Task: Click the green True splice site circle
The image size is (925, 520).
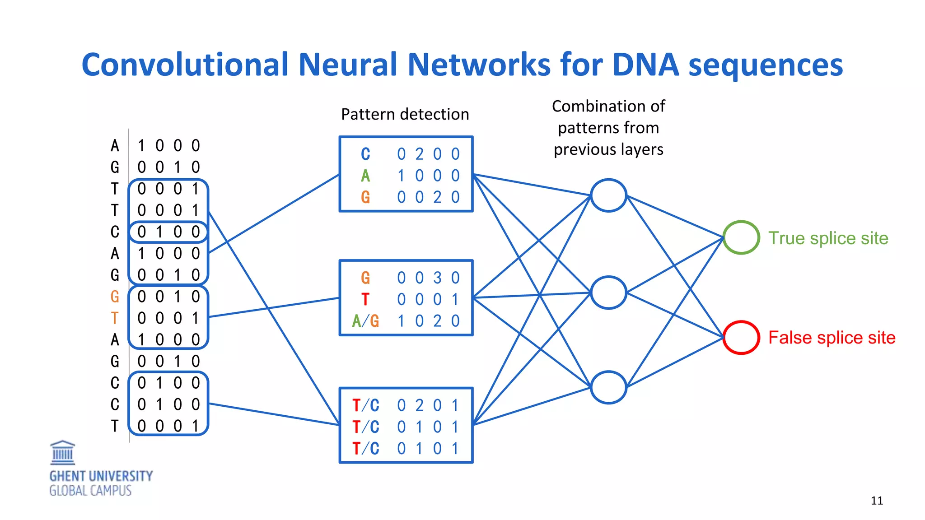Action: tap(741, 237)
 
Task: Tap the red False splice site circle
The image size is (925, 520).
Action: tap(741, 337)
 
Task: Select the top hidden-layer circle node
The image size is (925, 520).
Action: tap(608, 195)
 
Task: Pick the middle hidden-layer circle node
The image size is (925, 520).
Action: tap(608, 292)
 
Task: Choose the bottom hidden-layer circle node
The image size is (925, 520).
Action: tap(608, 387)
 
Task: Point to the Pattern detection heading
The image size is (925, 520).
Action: tap(405, 114)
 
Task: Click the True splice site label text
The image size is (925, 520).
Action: tap(828, 238)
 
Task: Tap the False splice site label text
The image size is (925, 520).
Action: tap(832, 338)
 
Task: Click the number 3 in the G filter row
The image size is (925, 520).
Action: tap(437, 278)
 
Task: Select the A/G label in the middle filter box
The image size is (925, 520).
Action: tap(365, 321)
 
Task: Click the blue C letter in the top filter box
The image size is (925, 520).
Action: tap(365, 154)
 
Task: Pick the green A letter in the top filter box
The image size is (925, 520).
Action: tap(365, 176)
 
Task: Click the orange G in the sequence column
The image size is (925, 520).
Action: tap(115, 297)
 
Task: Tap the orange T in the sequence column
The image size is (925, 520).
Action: tap(115, 318)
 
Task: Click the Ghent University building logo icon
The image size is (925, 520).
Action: tap(62, 453)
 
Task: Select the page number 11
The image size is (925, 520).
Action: tap(877, 501)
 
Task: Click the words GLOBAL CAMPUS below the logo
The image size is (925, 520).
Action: tap(90, 491)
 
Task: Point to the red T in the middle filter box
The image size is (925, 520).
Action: tap(365, 299)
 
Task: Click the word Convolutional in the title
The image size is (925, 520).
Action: tap(185, 65)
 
